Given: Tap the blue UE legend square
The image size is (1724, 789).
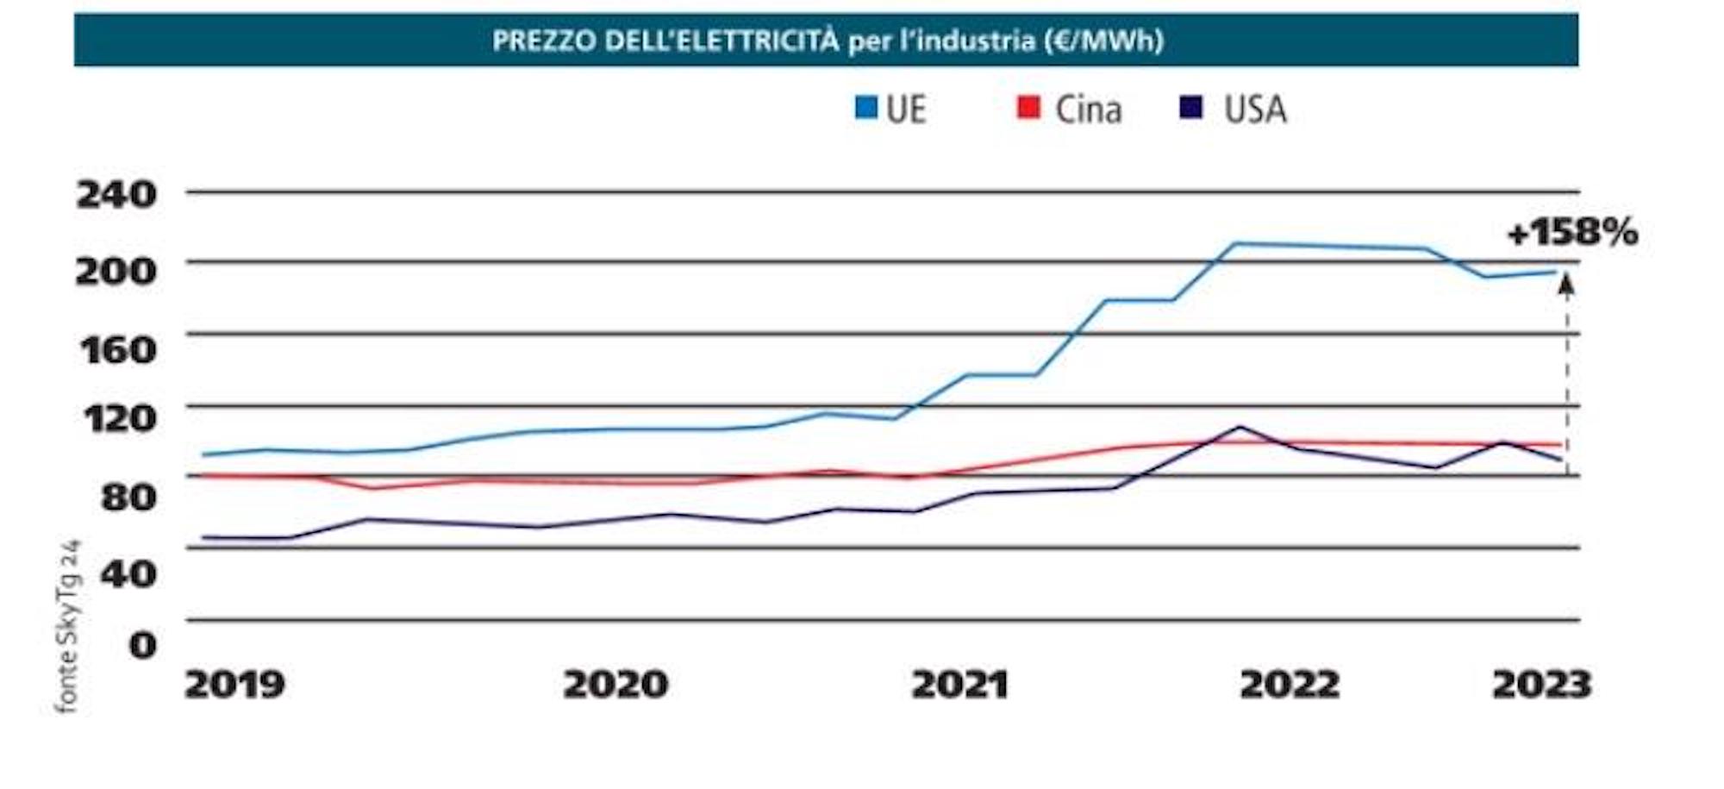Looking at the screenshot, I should coord(865,109).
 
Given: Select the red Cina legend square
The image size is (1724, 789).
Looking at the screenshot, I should coord(1028,109).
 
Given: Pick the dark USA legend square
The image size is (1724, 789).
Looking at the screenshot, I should coord(1191,109).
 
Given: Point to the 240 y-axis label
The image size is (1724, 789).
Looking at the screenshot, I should coord(117,195).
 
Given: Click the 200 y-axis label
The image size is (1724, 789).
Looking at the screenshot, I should coord(117,272).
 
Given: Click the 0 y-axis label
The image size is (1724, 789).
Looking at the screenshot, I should coord(143,645).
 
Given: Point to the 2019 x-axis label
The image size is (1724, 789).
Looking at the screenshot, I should coord(234,686).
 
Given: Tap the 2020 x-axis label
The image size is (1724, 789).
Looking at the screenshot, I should coord(615,686).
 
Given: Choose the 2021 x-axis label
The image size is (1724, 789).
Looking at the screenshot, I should coord(960,686).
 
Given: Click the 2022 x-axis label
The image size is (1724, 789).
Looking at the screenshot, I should coord(1290,686).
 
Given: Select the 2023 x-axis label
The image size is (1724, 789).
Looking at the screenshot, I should coord(1541,686).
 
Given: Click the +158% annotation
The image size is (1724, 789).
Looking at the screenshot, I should coord(1572,233).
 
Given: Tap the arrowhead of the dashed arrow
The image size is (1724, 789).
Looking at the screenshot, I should coord(1567,285).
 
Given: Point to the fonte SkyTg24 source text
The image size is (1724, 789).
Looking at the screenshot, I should coord(67,627).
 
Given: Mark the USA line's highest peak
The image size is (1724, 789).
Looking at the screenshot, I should coord(1240,427).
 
